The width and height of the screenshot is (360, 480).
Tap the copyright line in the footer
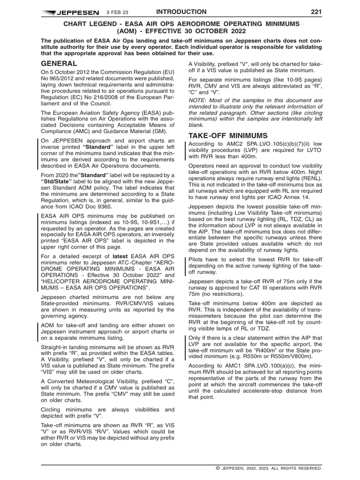[269, 468]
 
